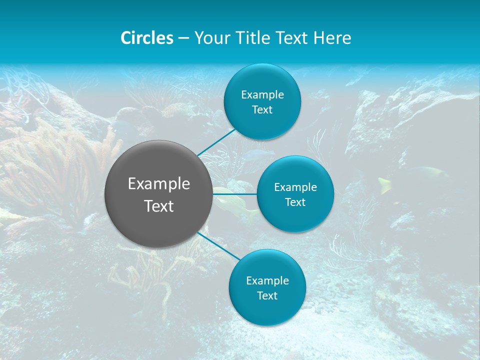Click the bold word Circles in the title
click(x=147, y=38)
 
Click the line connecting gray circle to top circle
click(x=216, y=142)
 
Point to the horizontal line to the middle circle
click(x=235, y=194)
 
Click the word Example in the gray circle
click(x=159, y=184)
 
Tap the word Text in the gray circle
click(x=159, y=206)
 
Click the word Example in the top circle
click(x=262, y=95)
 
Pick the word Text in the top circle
click(x=262, y=110)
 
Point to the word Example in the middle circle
click(x=295, y=187)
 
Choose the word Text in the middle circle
click(x=295, y=202)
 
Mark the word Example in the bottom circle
click(x=267, y=281)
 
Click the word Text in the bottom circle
click(x=267, y=296)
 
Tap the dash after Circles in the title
click(x=183, y=38)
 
